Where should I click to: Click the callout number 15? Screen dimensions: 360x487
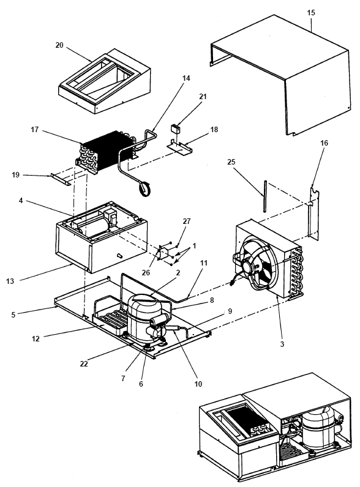tap(311, 13)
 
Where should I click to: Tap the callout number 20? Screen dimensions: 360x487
tap(59, 45)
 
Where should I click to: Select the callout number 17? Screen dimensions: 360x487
tap(34, 129)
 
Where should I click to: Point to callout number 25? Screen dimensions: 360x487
tap(231, 162)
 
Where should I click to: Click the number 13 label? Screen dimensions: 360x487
tap(10, 281)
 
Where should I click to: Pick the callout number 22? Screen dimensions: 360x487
tap(84, 363)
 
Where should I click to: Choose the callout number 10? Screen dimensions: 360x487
tap(198, 384)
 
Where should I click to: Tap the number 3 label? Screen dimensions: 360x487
tap(282, 344)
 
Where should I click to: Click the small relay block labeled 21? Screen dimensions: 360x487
tap(176, 128)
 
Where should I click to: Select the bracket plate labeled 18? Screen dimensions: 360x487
tap(179, 147)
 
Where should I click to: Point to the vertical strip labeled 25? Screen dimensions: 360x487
tap(264, 196)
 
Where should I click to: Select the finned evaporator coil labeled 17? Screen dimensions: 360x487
tap(104, 151)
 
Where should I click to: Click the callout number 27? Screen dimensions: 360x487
tap(187, 221)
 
